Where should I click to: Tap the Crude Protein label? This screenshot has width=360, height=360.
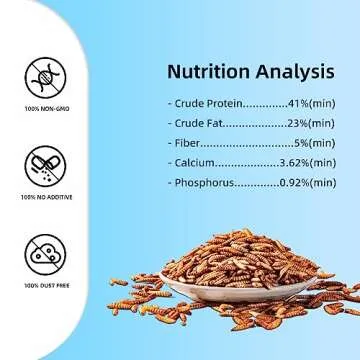[x=207, y=104]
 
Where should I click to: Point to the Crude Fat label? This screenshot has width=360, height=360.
[x=200, y=124]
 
